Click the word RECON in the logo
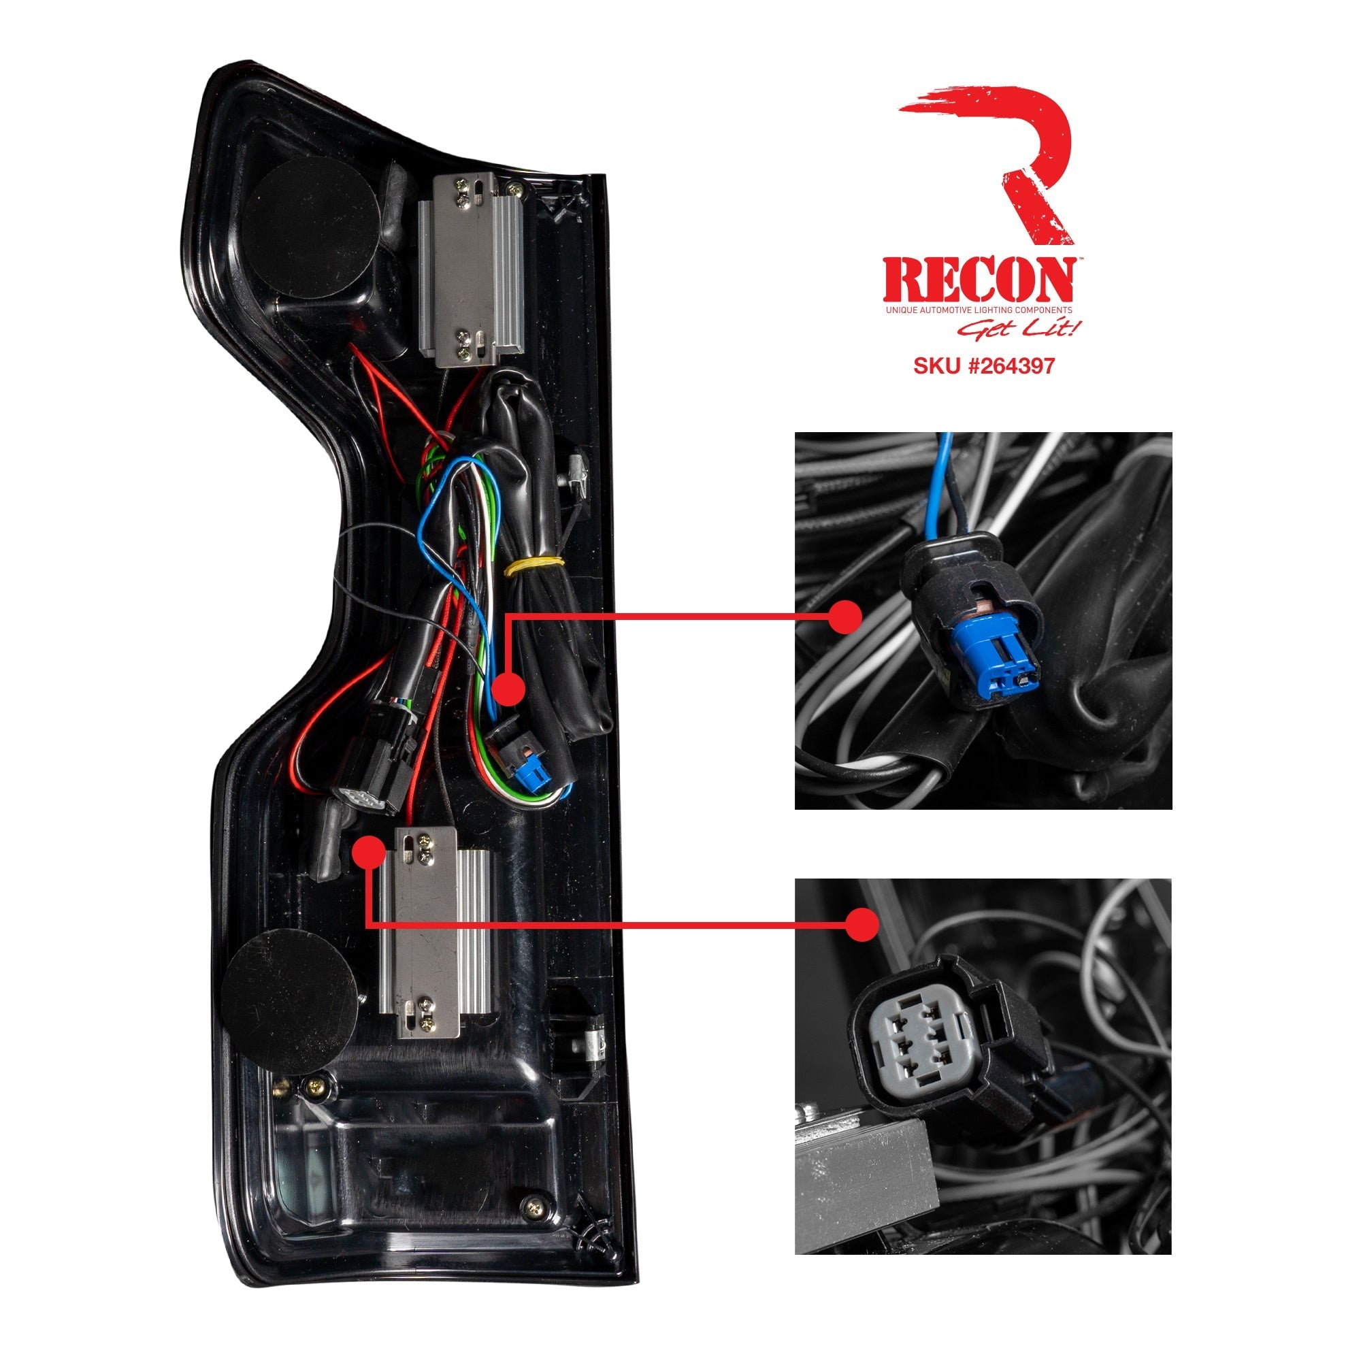979,280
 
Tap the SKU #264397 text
983,365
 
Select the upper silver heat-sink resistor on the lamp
472,271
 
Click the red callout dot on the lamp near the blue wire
508,688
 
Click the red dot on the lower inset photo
862,924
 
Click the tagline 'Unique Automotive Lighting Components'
979,310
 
